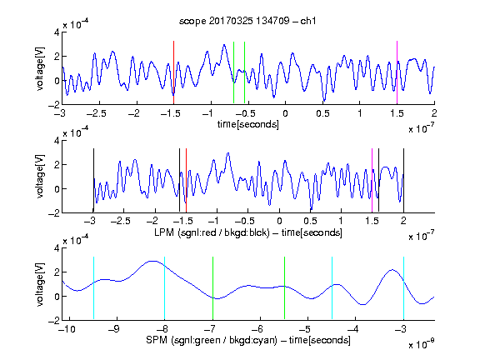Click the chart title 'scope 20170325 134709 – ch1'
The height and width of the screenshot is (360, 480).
point(247,21)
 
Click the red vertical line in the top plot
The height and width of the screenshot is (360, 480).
point(173,72)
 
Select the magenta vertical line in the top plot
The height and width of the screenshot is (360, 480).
point(397,72)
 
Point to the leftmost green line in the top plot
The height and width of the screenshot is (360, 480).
point(233,72)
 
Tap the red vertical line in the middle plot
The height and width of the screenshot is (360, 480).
point(186,180)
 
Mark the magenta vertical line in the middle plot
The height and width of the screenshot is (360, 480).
point(372,180)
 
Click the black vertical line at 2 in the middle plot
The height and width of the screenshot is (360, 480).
point(403,180)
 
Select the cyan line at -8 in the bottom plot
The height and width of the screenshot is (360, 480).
point(164,288)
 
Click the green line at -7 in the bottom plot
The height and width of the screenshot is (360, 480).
point(212,288)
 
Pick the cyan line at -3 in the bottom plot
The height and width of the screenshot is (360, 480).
point(403,288)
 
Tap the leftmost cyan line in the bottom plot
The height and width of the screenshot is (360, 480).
point(93,288)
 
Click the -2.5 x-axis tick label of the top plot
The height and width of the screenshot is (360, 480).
point(97,113)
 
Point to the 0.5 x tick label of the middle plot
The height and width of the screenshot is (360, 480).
point(310,221)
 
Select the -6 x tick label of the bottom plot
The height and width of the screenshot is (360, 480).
point(257,329)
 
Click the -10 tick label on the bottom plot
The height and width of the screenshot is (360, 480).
point(67,329)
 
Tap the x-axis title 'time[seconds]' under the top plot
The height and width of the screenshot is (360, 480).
point(248,124)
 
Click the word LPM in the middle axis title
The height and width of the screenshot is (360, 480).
point(164,232)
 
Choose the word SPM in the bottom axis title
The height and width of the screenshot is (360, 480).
point(157,340)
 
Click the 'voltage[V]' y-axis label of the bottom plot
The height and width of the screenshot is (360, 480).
point(40,284)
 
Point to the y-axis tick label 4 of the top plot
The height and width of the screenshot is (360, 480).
point(57,32)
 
